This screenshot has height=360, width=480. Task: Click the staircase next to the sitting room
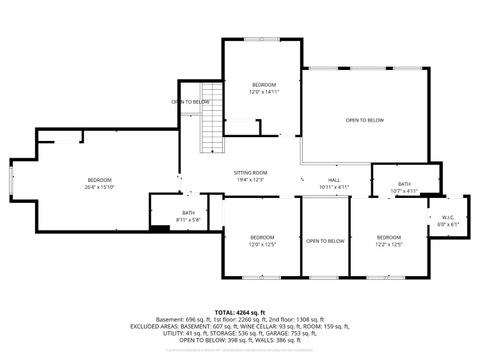click(209, 128)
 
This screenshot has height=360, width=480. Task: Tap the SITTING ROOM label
click(251, 173)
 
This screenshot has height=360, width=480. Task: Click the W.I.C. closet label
click(447, 217)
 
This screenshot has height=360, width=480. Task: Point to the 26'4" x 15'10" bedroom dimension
click(100, 187)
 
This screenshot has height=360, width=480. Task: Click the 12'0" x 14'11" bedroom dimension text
click(264, 91)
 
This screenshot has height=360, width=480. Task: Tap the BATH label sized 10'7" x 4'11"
click(404, 190)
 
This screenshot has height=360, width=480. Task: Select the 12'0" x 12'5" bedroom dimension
click(262, 244)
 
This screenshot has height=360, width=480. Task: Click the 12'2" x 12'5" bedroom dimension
click(388, 244)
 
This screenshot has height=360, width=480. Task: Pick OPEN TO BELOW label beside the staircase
click(190, 101)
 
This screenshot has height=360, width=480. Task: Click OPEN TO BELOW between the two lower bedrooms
click(325, 241)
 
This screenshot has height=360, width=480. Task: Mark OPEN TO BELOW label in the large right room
click(365, 120)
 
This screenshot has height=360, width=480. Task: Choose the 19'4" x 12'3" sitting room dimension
click(251, 180)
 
